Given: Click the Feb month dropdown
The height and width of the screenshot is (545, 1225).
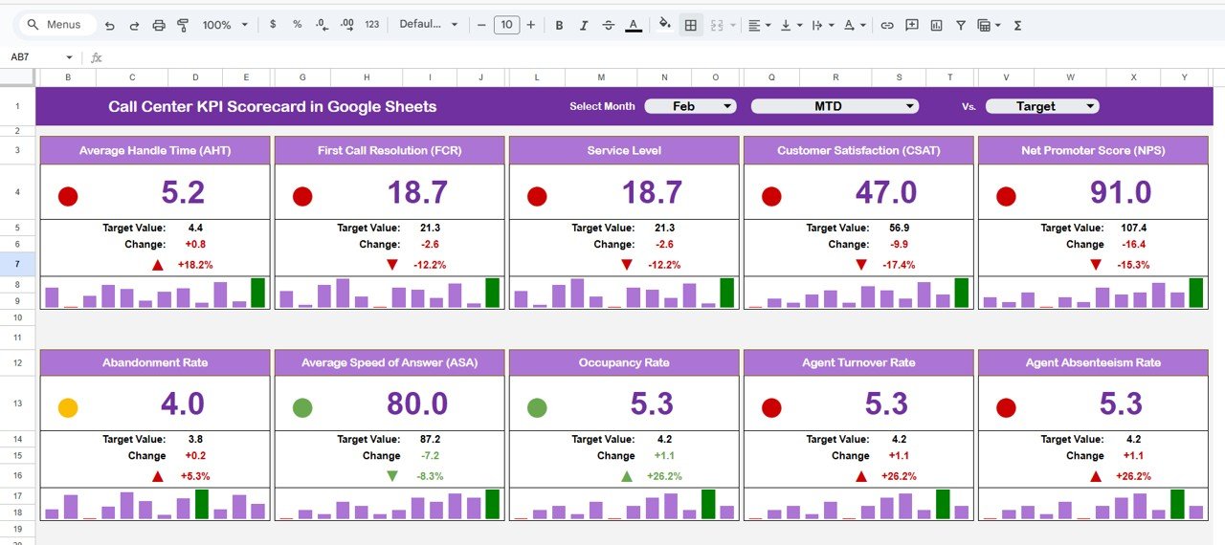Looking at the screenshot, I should [690, 106].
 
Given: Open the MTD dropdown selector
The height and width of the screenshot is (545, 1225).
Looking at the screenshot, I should [835, 106].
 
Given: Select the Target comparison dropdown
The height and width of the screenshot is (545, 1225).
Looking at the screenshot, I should [1042, 106].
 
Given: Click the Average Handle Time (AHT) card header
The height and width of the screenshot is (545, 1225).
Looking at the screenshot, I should [155, 150].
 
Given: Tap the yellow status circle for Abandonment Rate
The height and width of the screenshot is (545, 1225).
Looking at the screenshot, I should [68, 408].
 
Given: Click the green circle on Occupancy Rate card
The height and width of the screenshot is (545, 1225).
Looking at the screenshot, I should [537, 408].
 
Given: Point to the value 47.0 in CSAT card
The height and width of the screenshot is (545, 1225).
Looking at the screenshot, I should [886, 193].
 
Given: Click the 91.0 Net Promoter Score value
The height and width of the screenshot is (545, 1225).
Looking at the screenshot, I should [1121, 193].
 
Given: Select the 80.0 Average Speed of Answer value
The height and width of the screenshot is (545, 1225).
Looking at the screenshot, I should [417, 404].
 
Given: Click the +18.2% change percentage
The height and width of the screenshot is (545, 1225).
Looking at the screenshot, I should [195, 265].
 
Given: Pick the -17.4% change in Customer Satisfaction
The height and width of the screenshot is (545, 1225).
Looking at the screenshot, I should [899, 265].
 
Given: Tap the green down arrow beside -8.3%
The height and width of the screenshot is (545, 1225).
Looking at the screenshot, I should [392, 476].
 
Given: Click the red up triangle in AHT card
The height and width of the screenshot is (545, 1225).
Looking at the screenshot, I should [158, 265].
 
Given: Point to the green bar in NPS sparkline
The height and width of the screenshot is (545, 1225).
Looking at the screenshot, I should [1196, 293].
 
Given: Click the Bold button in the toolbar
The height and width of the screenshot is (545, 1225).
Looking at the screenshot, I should [559, 25].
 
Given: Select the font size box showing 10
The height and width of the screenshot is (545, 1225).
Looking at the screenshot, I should [506, 25].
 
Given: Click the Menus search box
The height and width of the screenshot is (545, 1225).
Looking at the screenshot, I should [57, 25].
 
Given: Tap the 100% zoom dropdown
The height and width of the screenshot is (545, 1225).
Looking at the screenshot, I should [225, 25].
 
